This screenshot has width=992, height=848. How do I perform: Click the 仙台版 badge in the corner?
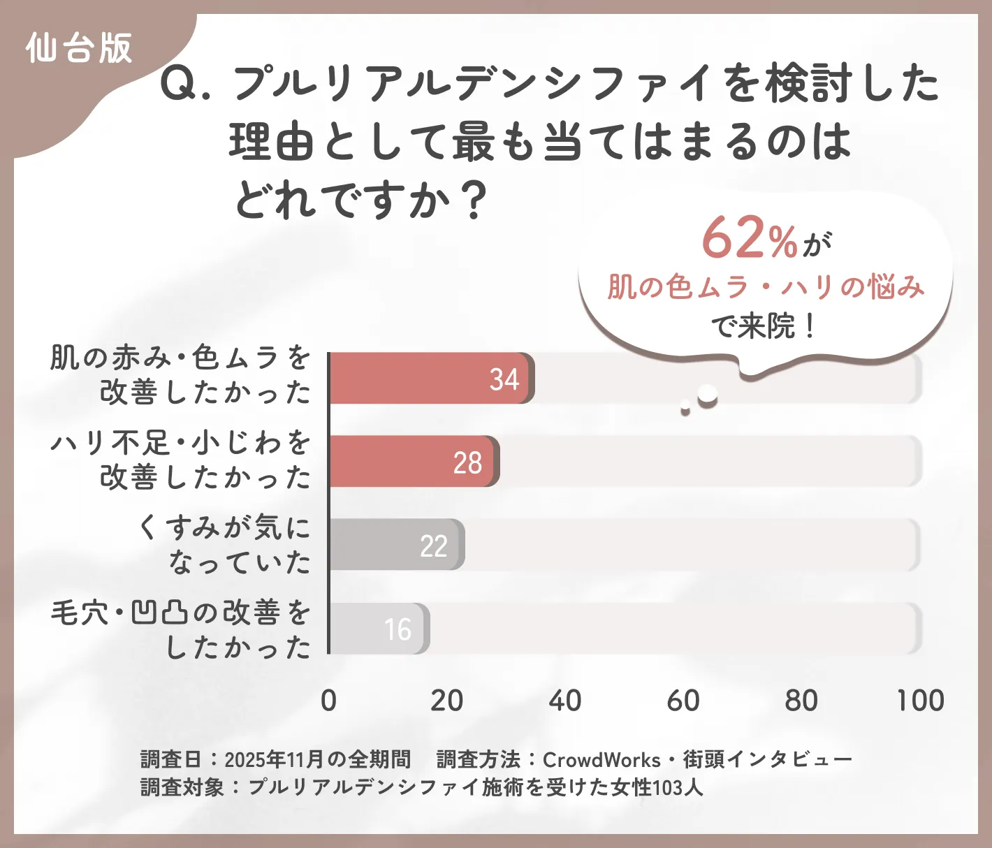pos(78,49)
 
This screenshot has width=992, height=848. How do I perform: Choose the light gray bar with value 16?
pos(378,629)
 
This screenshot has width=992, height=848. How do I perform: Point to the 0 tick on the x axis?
pos(328,701)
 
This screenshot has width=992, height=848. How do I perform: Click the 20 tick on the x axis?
pos(446,701)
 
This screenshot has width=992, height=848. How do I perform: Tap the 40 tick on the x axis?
pos(564,701)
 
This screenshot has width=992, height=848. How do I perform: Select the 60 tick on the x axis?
pos(683,701)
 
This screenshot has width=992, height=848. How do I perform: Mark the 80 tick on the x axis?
pos(801,701)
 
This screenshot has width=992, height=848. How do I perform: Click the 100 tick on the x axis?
pos(920,701)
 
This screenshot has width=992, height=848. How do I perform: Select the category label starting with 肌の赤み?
pos(180,375)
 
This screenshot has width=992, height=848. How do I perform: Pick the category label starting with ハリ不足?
pos(180,460)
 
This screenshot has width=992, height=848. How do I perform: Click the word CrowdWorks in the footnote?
pos(601,759)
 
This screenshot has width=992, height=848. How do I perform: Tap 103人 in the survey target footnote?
pos(677,787)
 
